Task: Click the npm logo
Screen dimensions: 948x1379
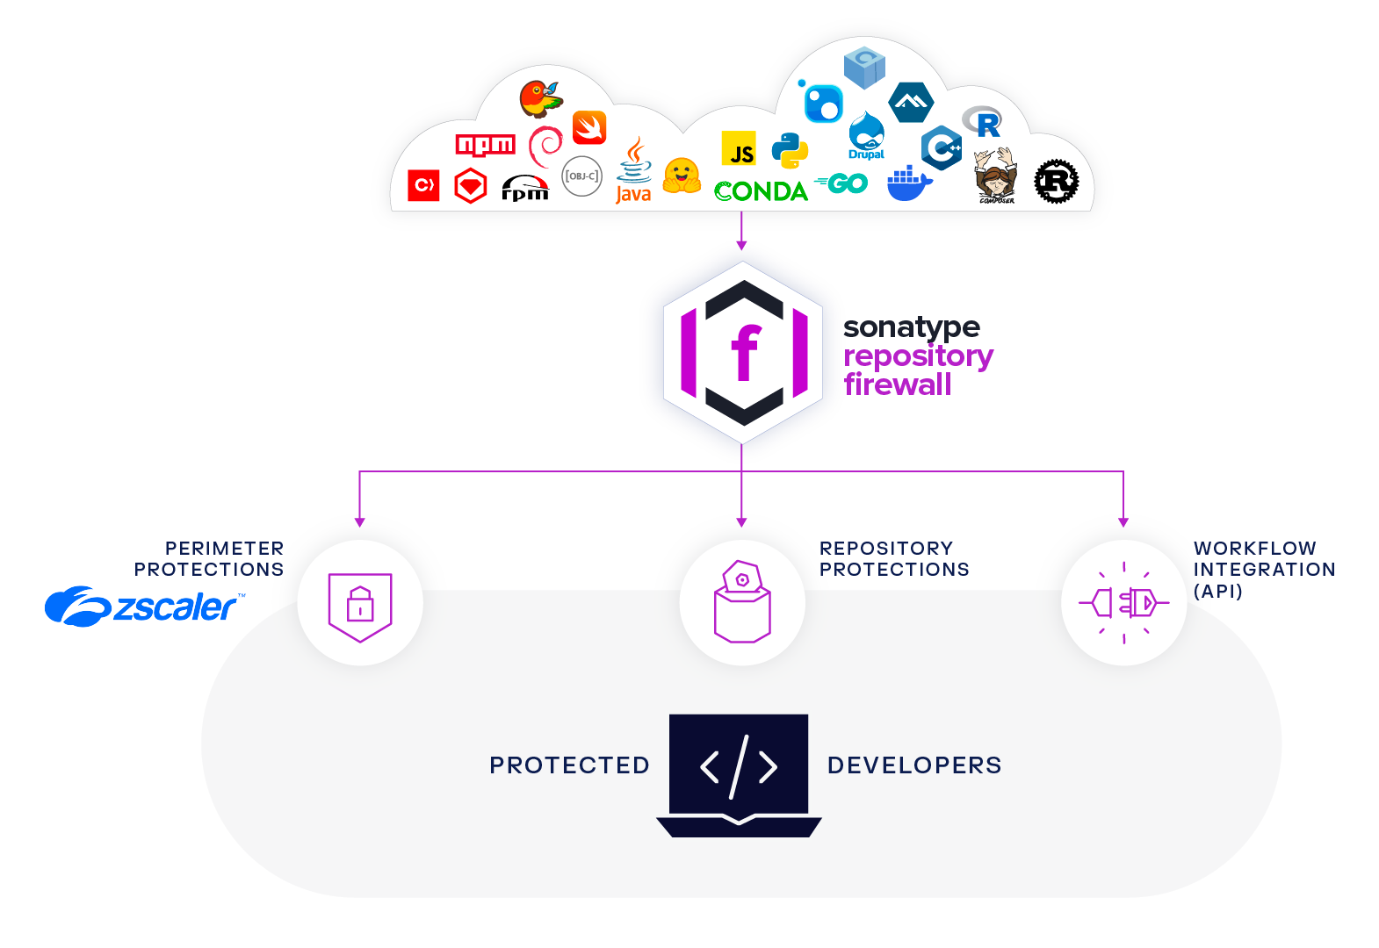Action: point(485,145)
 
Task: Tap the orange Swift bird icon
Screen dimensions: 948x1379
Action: point(589,128)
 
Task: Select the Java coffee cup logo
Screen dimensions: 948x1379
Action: point(633,171)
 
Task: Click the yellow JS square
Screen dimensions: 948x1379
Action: point(739,149)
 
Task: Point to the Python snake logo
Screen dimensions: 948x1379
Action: point(790,151)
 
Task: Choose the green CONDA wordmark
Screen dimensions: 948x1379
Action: point(761,191)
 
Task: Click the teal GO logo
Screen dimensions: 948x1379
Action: point(842,183)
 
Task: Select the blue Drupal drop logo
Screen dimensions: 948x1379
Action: point(866,136)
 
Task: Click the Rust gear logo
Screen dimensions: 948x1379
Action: point(1056,182)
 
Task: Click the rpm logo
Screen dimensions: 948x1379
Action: point(525,188)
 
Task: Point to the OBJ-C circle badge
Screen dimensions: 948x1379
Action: point(581,176)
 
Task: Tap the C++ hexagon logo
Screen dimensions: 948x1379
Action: point(942,147)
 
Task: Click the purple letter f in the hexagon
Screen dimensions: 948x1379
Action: point(744,352)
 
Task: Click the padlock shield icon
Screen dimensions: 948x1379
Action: point(360,604)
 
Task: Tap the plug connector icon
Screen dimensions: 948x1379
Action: point(1124,603)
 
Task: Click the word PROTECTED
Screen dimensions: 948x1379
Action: point(569,765)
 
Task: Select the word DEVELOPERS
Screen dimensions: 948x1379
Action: point(913,765)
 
